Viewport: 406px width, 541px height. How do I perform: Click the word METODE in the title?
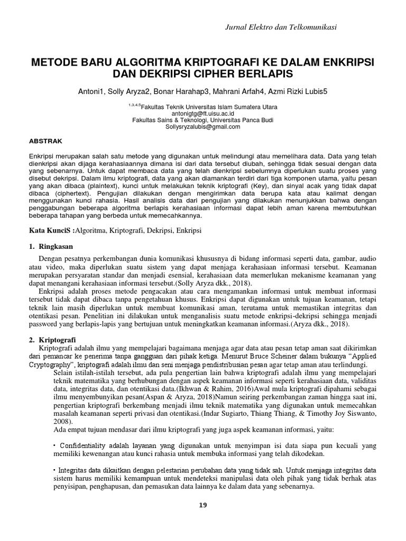[x=54, y=62]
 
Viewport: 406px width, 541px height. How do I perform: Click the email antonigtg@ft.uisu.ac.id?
[x=203, y=113]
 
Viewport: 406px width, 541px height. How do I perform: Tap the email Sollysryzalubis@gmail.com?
[x=203, y=127]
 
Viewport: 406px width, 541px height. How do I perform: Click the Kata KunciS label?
[x=52, y=231]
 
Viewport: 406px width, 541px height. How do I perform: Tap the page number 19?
[x=203, y=505]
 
